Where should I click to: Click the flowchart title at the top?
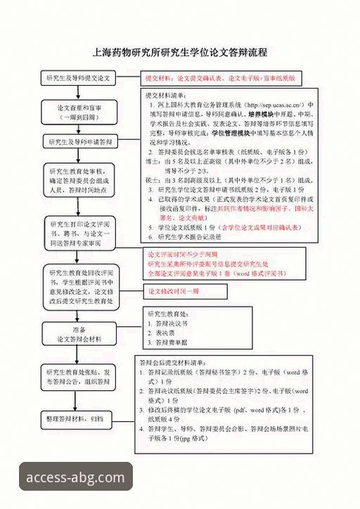(x=180, y=53)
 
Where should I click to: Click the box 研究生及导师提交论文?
(x=79, y=78)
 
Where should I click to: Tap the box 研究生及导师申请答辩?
(x=79, y=142)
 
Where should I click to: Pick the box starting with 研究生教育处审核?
(x=79, y=180)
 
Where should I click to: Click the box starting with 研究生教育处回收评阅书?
(x=79, y=286)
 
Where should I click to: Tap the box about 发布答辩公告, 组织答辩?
(x=79, y=377)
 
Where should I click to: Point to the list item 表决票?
(x=167, y=333)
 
